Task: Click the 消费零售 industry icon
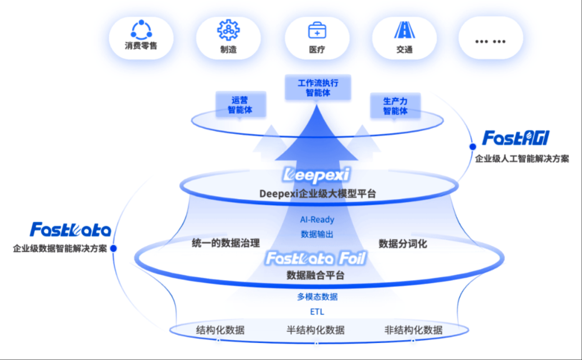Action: click(141, 30)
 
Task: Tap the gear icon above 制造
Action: click(228, 30)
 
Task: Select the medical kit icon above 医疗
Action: click(317, 30)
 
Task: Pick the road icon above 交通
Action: click(405, 30)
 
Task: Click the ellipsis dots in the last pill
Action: click(490, 41)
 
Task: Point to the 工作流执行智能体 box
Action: click(318, 88)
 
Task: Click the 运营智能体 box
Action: click(240, 105)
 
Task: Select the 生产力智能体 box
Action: click(395, 106)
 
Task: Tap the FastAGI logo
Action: click(516, 138)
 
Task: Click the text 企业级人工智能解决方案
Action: click(522, 159)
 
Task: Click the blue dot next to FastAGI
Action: click(473, 147)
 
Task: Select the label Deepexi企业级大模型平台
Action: click(317, 194)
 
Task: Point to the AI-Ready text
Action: click(317, 220)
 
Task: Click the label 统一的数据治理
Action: click(226, 243)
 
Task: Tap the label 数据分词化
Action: click(403, 244)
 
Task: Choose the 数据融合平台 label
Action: click(316, 275)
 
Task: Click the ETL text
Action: click(317, 312)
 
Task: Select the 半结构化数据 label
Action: click(316, 330)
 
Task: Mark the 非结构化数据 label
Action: click(413, 330)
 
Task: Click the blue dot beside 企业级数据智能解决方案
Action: click(113, 248)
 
